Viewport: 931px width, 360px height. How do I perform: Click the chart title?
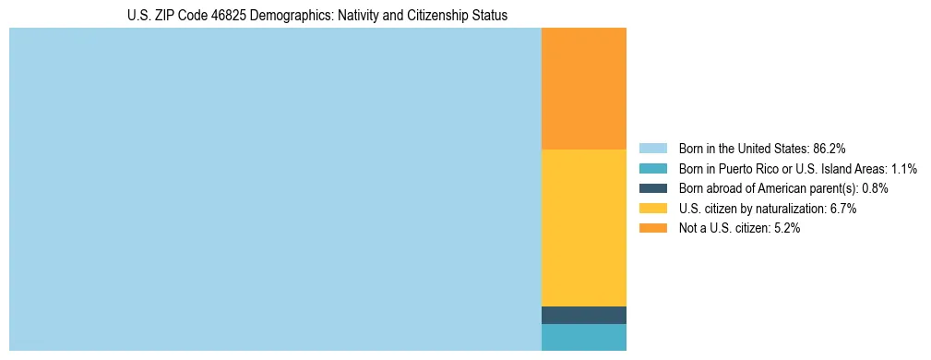(317, 16)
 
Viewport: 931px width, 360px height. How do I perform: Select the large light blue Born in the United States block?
(275, 189)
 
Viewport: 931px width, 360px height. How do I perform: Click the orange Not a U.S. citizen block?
(583, 89)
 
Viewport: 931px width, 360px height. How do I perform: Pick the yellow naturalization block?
(583, 227)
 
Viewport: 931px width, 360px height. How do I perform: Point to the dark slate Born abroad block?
(583, 315)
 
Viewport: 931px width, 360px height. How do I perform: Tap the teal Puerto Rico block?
(583, 337)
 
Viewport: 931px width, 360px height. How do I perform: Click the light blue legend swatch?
(652, 149)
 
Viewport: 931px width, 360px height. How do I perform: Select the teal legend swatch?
(652, 169)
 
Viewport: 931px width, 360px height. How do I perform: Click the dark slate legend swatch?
(652, 188)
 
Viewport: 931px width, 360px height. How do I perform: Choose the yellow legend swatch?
(652, 209)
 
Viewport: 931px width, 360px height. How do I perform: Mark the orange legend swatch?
(652, 229)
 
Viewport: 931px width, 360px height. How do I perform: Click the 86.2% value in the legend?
(830, 149)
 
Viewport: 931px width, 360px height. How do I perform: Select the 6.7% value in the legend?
(842, 209)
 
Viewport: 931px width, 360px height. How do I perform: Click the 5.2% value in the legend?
(786, 229)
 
